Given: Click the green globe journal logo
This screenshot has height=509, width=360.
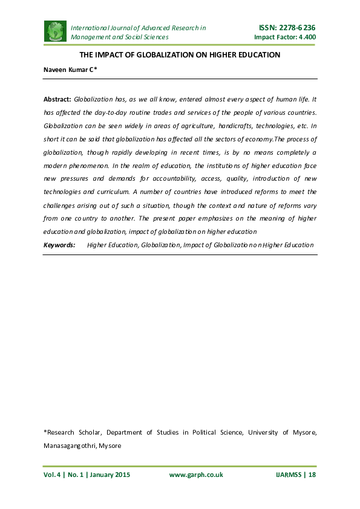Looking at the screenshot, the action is (55, 31).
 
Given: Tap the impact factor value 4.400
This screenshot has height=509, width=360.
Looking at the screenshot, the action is (306, 37).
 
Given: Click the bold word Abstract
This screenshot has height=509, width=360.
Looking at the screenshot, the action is (57, 98).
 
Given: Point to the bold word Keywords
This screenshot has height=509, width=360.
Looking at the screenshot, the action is (59, 245).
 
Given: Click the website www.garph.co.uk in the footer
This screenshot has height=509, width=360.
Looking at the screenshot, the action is (196, 475).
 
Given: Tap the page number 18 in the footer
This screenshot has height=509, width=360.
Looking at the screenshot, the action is (312, 475).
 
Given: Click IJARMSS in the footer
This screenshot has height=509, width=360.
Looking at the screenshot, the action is (285, 475).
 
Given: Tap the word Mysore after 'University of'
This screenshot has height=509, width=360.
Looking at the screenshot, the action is (304, 432).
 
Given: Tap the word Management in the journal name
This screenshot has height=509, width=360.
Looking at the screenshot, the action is (91, 37).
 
